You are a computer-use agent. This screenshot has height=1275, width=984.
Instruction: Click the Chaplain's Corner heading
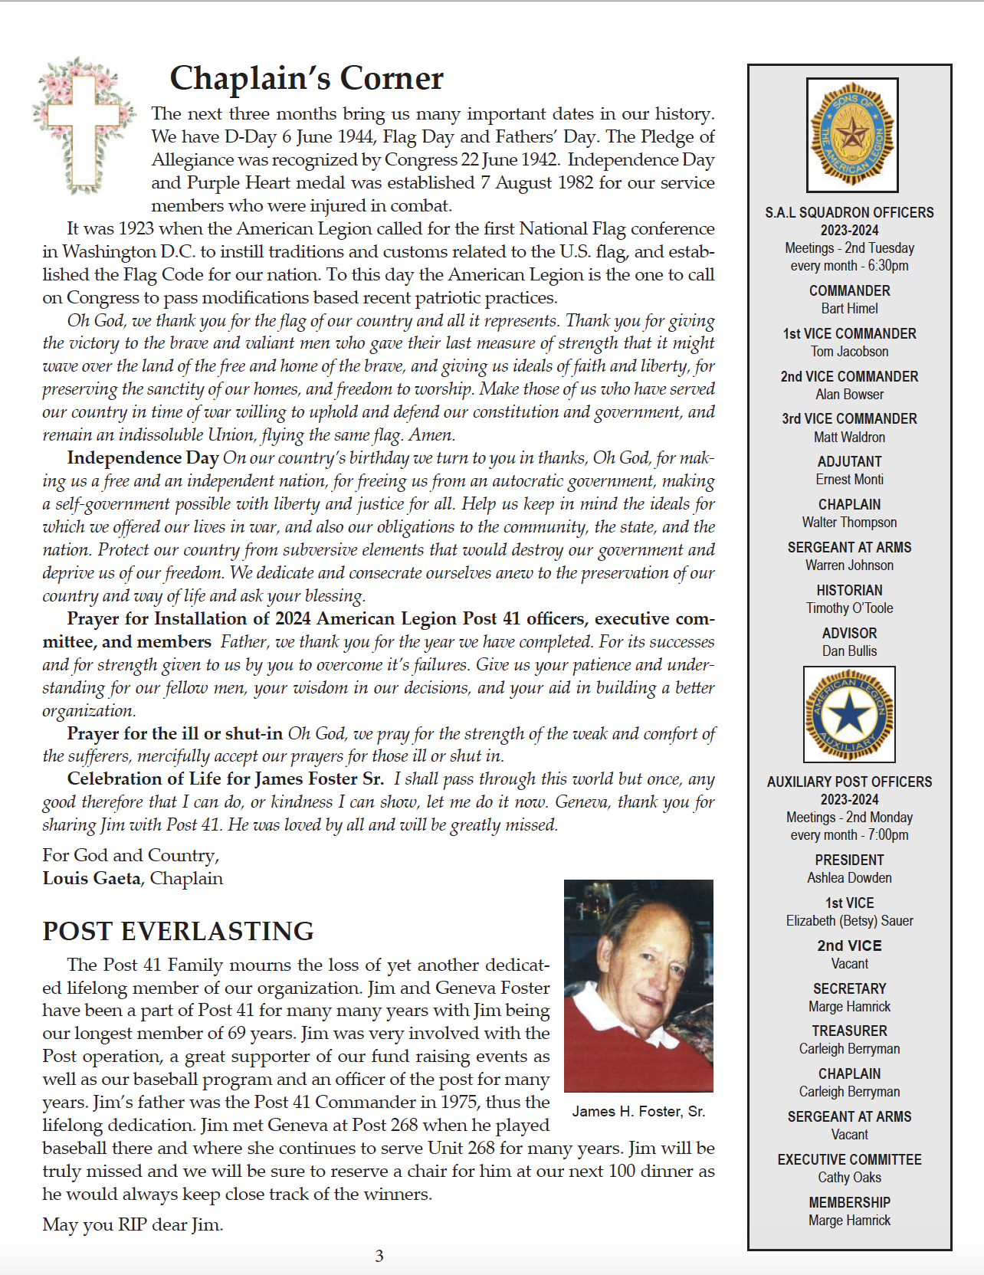click(306, 78)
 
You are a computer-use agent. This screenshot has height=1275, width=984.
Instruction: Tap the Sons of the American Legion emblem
click(851, 135)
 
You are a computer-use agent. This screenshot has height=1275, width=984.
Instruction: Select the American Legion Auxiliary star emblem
click(849, 715)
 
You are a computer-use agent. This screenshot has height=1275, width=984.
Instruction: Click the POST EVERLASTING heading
click(178, 931)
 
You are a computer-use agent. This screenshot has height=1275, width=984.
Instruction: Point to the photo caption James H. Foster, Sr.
click(638, 1111)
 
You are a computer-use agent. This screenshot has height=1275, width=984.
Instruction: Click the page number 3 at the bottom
click(379, 1256)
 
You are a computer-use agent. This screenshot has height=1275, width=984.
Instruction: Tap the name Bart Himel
click(849, 309)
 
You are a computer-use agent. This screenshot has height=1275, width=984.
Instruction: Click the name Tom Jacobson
click(849, 352)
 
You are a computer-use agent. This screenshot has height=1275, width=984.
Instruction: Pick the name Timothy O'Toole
click(849, 608)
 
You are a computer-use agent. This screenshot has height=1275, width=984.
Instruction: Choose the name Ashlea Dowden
click(849, 878)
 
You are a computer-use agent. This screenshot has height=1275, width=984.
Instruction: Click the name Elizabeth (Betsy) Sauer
click(849, 921)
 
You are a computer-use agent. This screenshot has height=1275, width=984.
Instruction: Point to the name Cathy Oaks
click(849, 1178)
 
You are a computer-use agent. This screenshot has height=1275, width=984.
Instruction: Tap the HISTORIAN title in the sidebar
click(849, 590)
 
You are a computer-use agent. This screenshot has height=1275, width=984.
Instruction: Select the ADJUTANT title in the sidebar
click(849, 461)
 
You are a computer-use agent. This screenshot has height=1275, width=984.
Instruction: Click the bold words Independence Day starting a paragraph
click(143, 457)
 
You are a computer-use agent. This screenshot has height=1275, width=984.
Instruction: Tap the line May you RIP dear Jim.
click(133, 1224)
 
